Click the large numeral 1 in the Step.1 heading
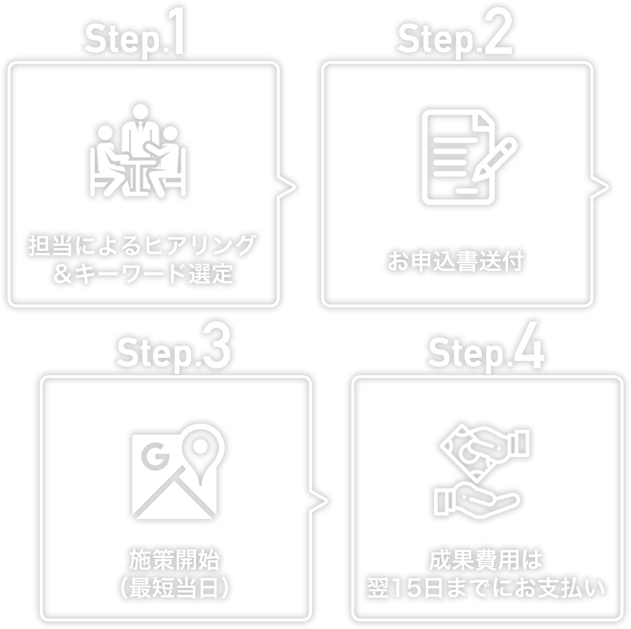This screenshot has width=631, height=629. pos(176,33)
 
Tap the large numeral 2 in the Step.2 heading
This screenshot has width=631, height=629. pos(498,33)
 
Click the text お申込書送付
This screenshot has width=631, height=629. pos(456,261)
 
